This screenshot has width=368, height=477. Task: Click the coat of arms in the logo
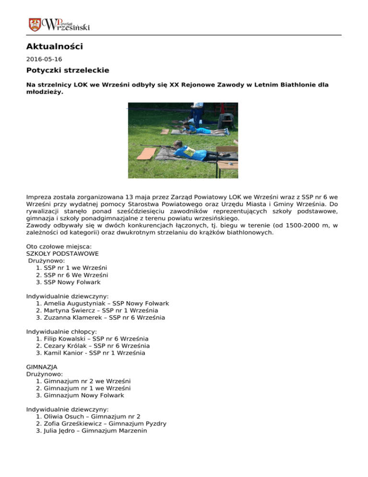point(34,24)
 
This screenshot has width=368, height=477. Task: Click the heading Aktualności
point(55,47)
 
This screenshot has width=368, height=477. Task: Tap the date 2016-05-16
point(44,60)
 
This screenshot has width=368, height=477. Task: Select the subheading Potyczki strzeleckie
point(68,70)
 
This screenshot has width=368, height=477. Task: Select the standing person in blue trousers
point(196,113)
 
